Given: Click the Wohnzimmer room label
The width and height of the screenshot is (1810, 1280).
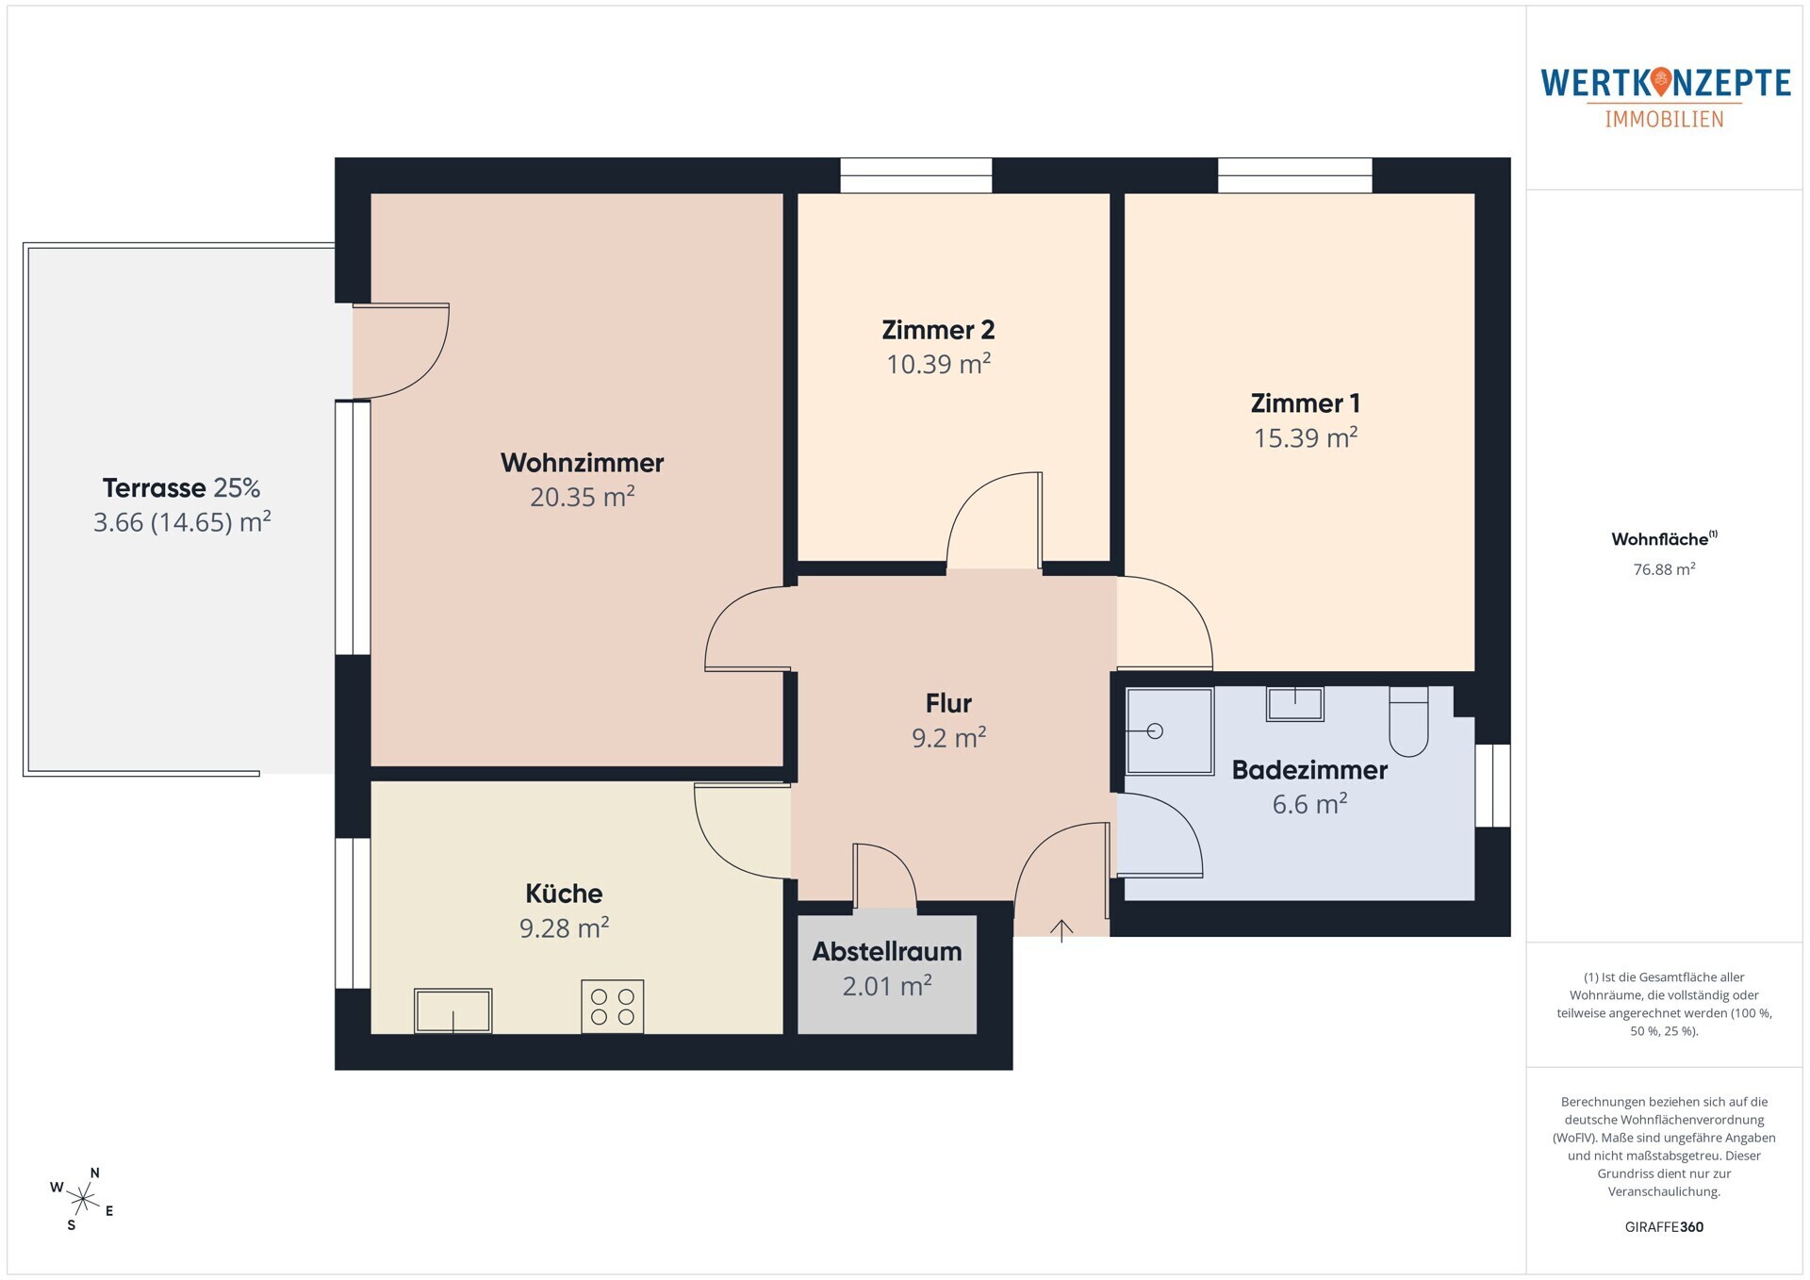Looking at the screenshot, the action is point(582,463).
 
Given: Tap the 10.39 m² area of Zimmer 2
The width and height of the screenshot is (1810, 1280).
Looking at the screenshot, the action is point(939,364).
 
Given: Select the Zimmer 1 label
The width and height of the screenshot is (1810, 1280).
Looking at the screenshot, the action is point(1305,403).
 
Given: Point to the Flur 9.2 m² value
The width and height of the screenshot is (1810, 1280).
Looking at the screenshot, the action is point(949,737).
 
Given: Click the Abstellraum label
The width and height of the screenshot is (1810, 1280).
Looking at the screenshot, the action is point(887,952).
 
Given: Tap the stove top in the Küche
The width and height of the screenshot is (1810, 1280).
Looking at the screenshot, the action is point(612,1007).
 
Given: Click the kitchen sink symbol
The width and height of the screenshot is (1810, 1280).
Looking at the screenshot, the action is point(453,1010).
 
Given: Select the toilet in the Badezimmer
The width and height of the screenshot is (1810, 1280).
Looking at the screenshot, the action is point(1408,721).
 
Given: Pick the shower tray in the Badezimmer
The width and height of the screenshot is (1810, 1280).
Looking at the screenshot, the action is point(1170,731).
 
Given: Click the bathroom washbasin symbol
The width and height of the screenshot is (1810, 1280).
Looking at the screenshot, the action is point(1294,704).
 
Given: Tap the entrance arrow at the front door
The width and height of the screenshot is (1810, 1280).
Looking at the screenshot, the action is point(1061,930).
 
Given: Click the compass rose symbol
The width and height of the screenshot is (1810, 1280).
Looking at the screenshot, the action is point(84,1199).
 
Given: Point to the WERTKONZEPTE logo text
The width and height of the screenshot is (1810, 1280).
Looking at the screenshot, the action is point(1665,83).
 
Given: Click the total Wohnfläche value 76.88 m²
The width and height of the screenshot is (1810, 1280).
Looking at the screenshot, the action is point(1664,569).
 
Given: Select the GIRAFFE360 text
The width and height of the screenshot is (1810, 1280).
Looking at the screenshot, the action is point(1664,1227).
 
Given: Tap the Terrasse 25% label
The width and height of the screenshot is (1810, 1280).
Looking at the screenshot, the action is point(181,488).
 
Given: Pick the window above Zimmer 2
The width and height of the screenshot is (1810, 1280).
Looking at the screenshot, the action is point(915,175).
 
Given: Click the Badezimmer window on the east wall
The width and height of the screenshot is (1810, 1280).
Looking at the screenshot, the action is point(1492,786).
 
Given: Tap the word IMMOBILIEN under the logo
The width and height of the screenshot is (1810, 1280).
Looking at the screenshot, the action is point(1664,120).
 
